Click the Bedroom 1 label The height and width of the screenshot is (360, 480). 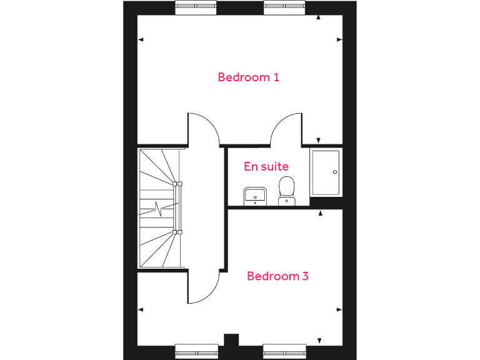[248, 77]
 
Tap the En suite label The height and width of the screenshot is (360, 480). [266, 167]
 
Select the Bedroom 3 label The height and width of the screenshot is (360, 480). [277, 276]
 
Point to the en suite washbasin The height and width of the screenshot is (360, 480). [255, 196]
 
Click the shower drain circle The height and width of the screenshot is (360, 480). [335, 172]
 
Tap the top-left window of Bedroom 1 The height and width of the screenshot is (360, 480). [196, 7]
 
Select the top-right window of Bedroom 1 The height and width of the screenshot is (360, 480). [284, 7]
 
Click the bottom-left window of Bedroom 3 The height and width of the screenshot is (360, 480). [196, 352]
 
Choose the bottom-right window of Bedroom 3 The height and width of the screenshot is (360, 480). [284, 352]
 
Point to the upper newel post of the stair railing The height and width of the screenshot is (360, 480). [179, 184]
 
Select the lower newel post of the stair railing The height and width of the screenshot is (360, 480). [179, 232]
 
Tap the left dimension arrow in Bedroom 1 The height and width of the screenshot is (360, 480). [141, 40]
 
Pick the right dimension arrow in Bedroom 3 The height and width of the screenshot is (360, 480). [339, 309]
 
